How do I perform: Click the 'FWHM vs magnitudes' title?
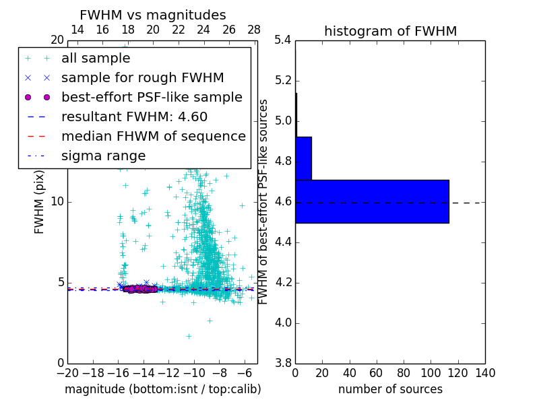(153, 15)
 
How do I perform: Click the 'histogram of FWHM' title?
(390, 31)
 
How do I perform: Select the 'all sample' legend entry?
(96, 59)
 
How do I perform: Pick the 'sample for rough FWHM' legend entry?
(142, 77)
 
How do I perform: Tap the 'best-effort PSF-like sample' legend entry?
(152, 97)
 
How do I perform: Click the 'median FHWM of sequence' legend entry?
(153, 136)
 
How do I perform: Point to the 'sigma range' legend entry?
(103, 156)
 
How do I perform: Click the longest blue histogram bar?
(372, 201)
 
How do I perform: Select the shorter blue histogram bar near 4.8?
(303, 158)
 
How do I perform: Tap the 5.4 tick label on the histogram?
(283, 40)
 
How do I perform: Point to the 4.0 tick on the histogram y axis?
(283, 323)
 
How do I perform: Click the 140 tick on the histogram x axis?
(485, 373)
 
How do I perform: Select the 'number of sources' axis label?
(390, 389)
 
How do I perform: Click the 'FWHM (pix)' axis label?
(40, 202)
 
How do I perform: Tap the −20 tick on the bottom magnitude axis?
(67, 373)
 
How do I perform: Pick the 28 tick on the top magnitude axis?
(254, 30)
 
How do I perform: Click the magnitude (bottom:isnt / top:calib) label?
(162, 389)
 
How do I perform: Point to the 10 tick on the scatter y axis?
(57, 202)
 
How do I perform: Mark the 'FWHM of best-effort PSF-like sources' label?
(263, 202)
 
